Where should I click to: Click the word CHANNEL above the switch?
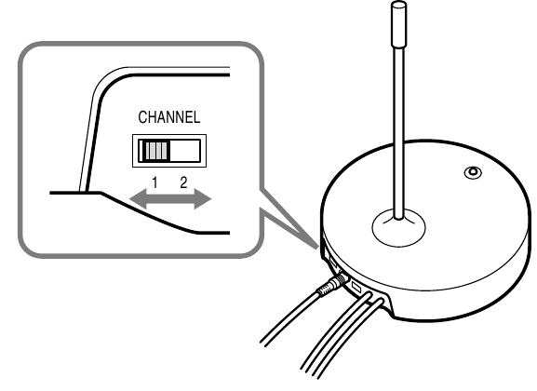(x=168, y=117)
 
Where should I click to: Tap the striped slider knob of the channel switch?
(x=155, y=151)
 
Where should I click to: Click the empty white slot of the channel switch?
(x=185, y=151)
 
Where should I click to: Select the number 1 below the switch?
(x=154, y=182)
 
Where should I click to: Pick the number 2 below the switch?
(x=184, y=182)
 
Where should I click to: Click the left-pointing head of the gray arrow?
(x=139, y=198)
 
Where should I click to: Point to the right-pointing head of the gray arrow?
(x=203, y=198)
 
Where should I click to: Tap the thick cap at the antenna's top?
(x=398, y=23)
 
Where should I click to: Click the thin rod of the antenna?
(x=398, y=132)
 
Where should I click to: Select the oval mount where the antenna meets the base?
(x=398, y=227)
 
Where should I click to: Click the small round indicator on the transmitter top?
(x=473, y=172)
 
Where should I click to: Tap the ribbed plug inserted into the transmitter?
(x=330, y=286)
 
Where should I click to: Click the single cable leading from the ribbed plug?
(x=290, y=317)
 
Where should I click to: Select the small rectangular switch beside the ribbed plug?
(x=356, y=287)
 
